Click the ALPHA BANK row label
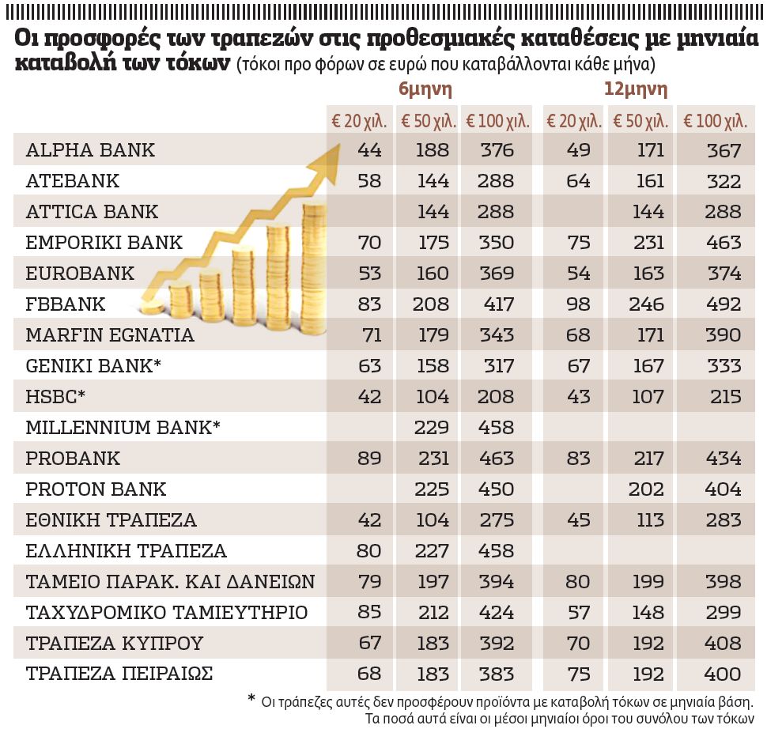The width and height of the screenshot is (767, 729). pos(90,150)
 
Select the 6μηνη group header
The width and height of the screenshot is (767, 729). pos(425,89)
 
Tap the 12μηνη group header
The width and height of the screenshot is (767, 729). pos(635,89)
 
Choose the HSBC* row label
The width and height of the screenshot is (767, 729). pos(55,397)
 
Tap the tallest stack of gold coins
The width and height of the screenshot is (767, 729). pos(312,253)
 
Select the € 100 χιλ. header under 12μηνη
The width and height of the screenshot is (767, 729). pos(715,122)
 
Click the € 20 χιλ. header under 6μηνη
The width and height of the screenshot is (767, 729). pos(359,122)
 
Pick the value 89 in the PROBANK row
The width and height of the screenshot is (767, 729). pos(369,459)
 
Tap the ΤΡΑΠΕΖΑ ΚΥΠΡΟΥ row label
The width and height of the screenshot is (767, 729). pos(115,644)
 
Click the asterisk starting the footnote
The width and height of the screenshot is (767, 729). pos(251,700)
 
